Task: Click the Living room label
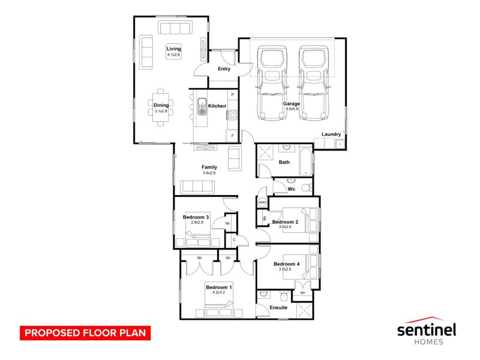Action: pyautogui.click(x=173, y=49)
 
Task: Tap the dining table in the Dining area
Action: pyautogui.click(x=161, y=107)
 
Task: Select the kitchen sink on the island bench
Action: pyautogui.click(x=202, y=106)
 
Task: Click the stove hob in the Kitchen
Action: pyautogui.click(x=232, y=115)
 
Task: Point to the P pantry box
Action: pyautogui.click(x=233, y=95)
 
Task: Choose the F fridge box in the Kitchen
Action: pyautogui.click(x=233, y=136)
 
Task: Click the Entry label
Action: pyautogui.click(x=224, y=69)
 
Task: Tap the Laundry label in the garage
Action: pyautogui.click(x=331, y=134)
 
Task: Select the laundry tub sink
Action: pyautogui.click(x=340, y=143)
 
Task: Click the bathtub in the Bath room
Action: pyautogui.click(x=305, y=161)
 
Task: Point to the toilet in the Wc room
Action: pyautogui.click(x=307, y=187)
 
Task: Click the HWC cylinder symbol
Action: pyautogui.click(x=262, y=202)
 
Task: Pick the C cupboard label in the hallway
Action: pyautogui.click(x=234, y=239)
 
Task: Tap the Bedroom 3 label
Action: pyautogui.click(x=196, y=217)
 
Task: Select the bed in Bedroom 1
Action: pyautogui.click(x=219, y=299)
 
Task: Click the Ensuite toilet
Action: pyautogui.click(x=284, y=296)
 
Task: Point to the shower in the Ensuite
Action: pyautogui.click(x=304, y=310)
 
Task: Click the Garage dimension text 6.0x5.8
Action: pyautogui.click(x=292, y=109)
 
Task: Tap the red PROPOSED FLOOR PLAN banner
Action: pyautogui.click(x=85, y=333)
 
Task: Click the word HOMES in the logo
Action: pyautogui.click(x=428, y=342)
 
